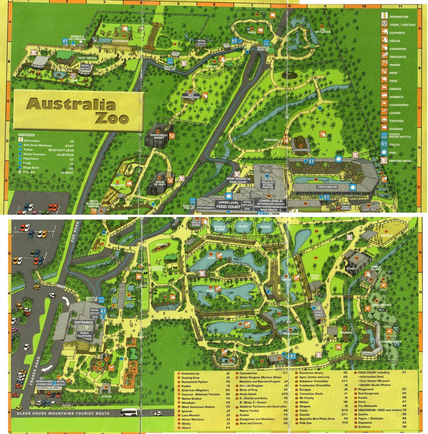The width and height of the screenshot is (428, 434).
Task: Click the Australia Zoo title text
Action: [76, 111]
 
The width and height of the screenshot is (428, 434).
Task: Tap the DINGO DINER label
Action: [318, 314]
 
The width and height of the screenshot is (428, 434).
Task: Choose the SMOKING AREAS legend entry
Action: [399, 161]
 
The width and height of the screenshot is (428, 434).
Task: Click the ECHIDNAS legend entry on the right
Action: [396, 129]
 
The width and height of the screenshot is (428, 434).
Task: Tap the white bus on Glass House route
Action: [129, 412]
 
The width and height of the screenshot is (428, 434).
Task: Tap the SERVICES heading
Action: [26, 135]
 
